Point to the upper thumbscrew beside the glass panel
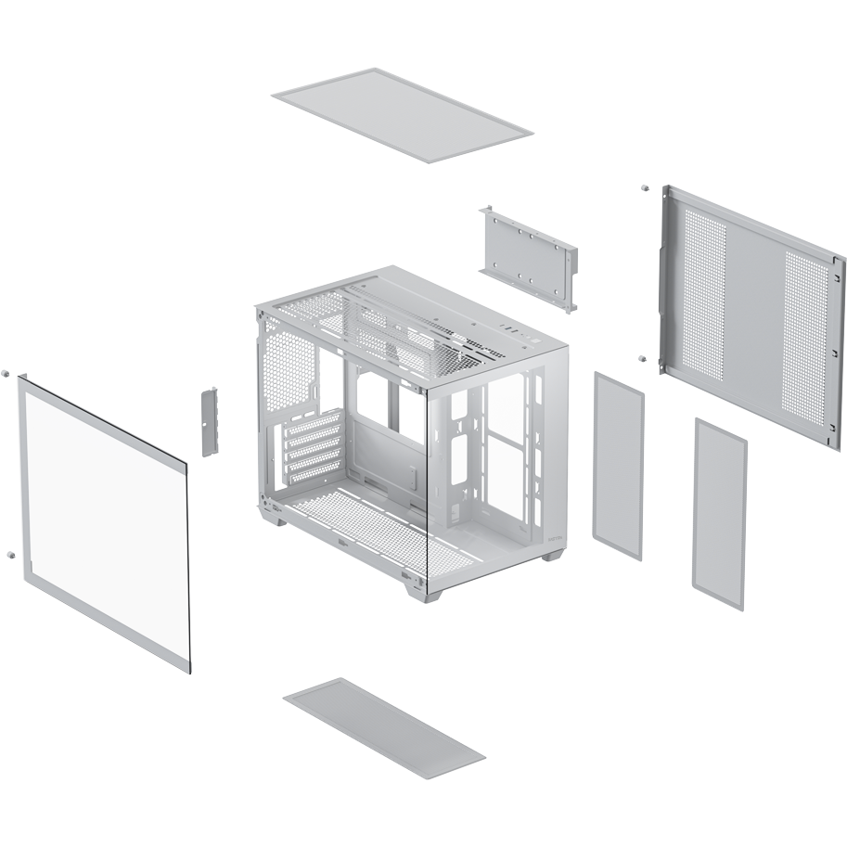6,373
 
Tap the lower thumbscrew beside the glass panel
8,554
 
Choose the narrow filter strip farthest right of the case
720,513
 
